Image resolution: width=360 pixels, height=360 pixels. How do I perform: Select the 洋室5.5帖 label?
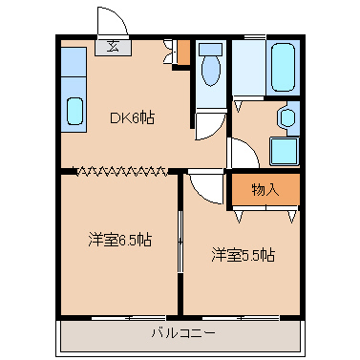(x=244, y=255)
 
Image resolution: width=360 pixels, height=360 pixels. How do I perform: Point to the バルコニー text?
(x=181, y=333)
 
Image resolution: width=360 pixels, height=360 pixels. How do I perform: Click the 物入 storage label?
(x=265, y=189)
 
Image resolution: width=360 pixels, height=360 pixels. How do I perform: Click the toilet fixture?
(x=211, y=70)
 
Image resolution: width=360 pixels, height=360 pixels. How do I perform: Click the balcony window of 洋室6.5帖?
(x=118, y=316)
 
